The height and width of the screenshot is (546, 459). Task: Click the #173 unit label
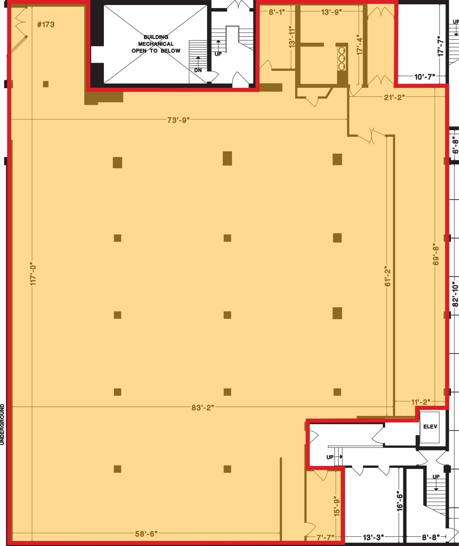point(45,25)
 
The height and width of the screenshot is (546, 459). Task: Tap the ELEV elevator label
point(430,427)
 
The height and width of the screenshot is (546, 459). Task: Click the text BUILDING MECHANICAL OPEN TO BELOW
point(156,44)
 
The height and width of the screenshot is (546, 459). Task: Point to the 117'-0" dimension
point(33,274)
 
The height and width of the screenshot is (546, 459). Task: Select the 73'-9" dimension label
point(179,120)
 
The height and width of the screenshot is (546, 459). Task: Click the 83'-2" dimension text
point(202,408)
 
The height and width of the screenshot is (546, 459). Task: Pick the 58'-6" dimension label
point(146,534)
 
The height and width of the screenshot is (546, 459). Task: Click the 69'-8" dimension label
point(436,254)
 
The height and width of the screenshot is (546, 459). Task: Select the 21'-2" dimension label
point(395,97)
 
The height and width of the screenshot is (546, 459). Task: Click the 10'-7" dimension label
point(424,77)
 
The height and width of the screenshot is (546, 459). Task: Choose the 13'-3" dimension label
point(373,537)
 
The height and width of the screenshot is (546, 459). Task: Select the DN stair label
point(198,70)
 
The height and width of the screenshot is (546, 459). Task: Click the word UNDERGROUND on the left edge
point(2,424)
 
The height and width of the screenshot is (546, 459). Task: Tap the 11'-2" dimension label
point(421,402)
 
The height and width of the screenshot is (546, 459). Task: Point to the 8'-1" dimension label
point(277,12)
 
